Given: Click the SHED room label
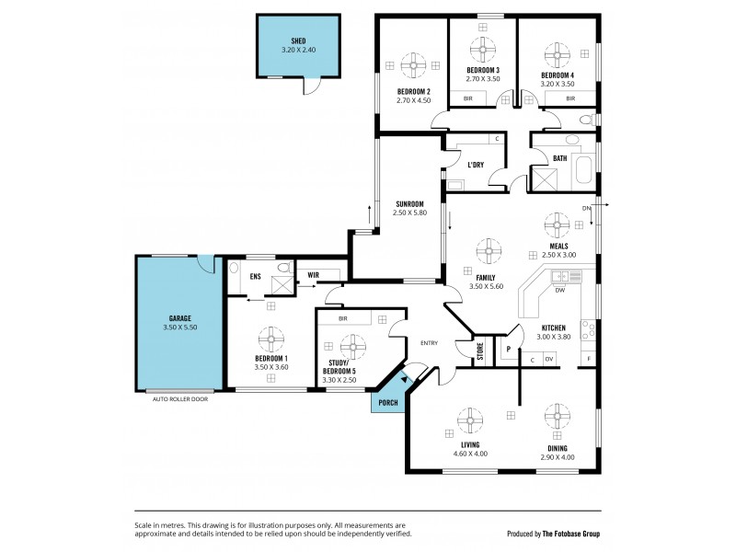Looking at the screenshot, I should pyautogui.click(x=298, y=41).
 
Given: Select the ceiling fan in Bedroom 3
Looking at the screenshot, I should pyautogui.click(x=482, y=49).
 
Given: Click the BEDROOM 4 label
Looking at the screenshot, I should pyautogui.click(x=557, y=75).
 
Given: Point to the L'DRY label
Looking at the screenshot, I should pyautogui.click(x=476, y=165).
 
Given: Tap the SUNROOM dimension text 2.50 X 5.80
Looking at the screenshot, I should pyautogui.click(x=409, y=213).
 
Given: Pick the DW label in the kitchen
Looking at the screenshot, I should pyautogui.click(x=559, y=290).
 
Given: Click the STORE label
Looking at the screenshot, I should pyautogui.click(x=479, y=350).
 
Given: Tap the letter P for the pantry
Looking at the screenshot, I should pyautogui.click(x=507, y=349).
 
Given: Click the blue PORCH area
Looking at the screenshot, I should pyautogui.click(x=386, y=401).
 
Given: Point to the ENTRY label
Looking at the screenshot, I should pyautogui.click(x=429, y=343).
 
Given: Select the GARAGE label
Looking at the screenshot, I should pyautogui.click(x=179, y=318).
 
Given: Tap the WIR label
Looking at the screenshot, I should pyautogui.click(x=313, y=273).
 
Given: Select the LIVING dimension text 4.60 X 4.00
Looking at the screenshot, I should pyautogui.click(x=470, y=454).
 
